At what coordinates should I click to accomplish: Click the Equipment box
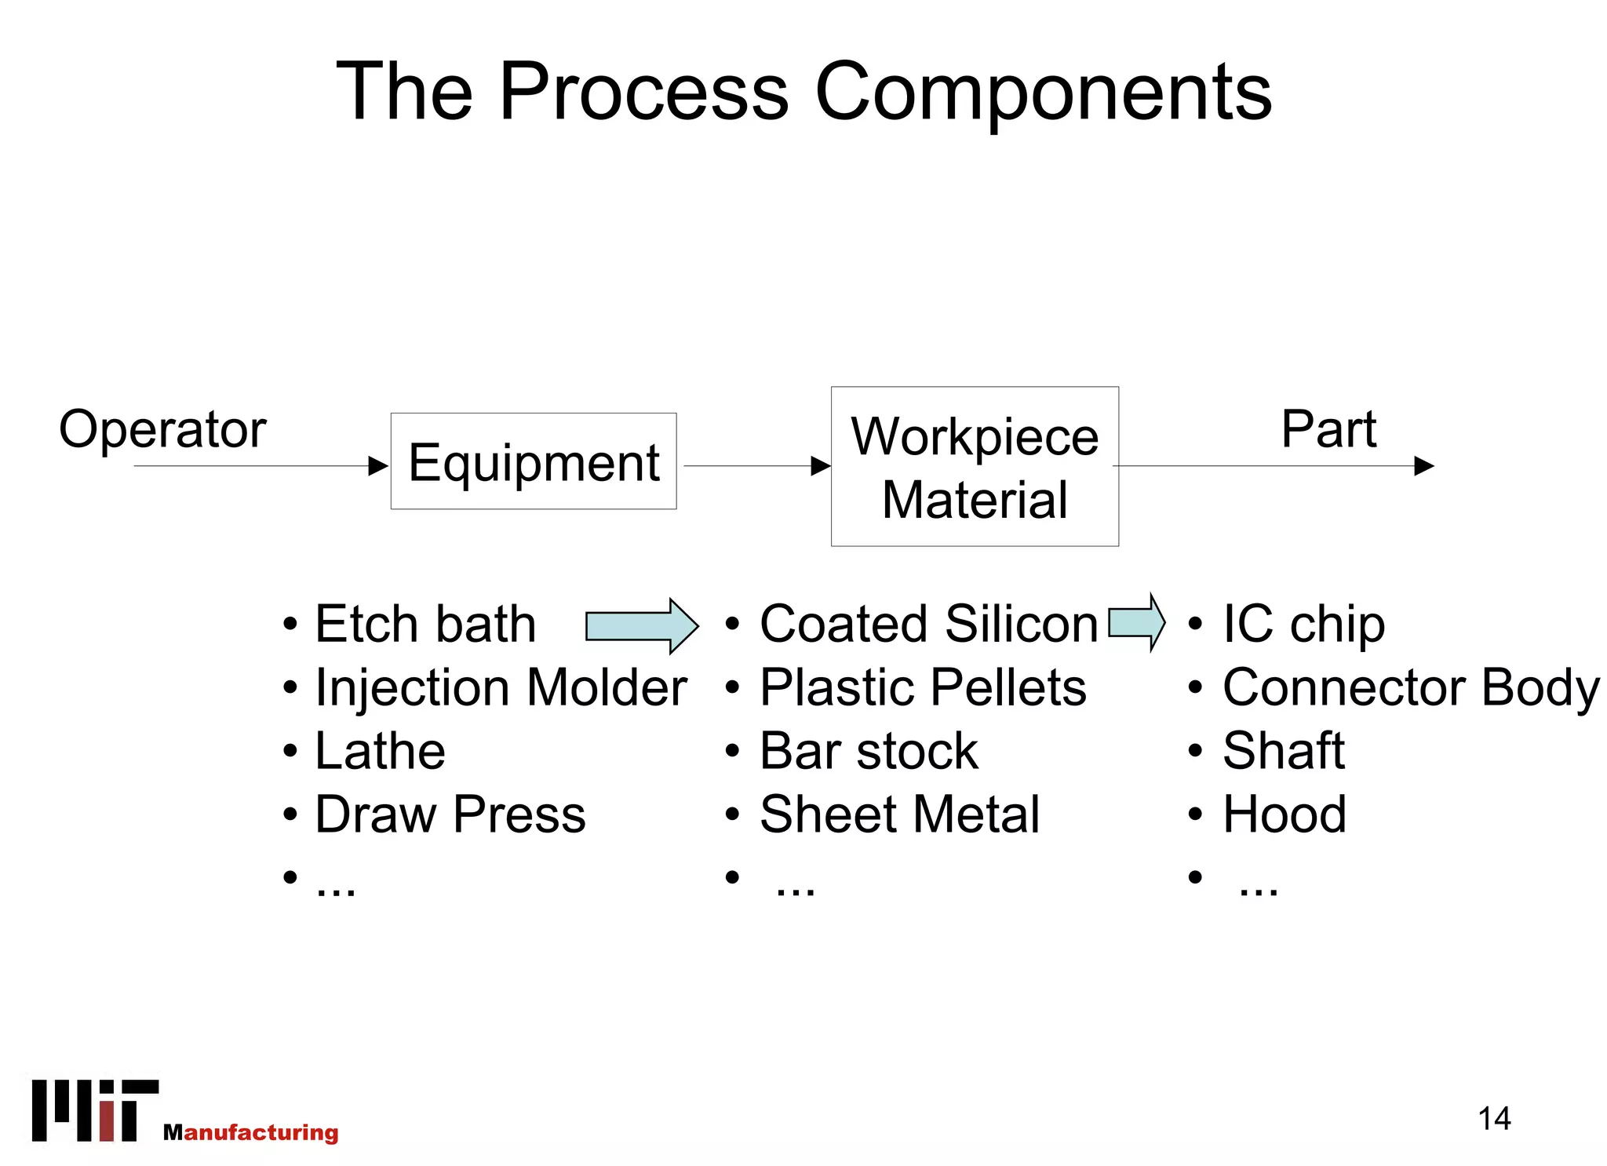pos(534,461)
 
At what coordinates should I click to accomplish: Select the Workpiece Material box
pos(975,467)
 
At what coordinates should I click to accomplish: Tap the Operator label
pos(162,429)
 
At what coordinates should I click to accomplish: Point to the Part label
pos(1328,429)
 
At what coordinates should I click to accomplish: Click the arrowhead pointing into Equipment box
pos(378,466)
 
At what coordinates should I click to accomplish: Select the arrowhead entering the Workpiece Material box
pos(820,466)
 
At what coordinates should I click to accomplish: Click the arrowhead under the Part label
pos(1423,466)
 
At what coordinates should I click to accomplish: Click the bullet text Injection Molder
pos(501,688)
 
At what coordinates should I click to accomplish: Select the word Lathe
pos(380,751)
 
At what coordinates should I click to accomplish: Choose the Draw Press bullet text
pos(450,814)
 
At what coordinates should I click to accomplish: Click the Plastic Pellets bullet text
pos(923,688)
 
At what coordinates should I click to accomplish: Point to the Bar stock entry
pos(869,751)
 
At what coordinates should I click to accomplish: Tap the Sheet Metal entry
pos(899,814)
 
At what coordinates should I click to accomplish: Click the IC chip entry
pos(1303,625)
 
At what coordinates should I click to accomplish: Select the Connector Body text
pos(1411,688)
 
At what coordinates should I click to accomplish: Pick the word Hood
pos(1285,814)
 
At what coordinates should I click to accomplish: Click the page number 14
pos(1494,1118)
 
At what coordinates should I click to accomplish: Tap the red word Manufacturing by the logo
pos(251,1132)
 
